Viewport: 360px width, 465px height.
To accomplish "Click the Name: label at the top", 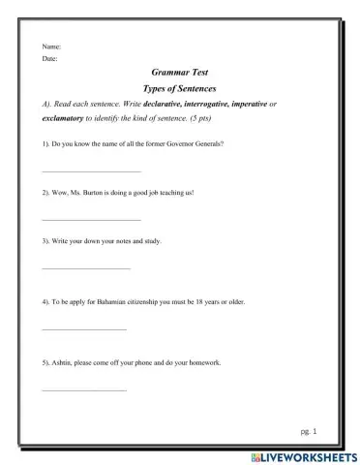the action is (x=51, y=46).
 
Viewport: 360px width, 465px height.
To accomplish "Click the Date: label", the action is (x=50, y=58).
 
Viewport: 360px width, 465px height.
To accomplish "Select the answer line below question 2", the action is (x=88, y=220).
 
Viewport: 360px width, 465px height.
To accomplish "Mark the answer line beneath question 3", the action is (x=86, y=267).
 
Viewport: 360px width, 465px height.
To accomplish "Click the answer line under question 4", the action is (x=84, y=329).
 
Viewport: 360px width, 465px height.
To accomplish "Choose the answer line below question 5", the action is (x=84, y=389).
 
